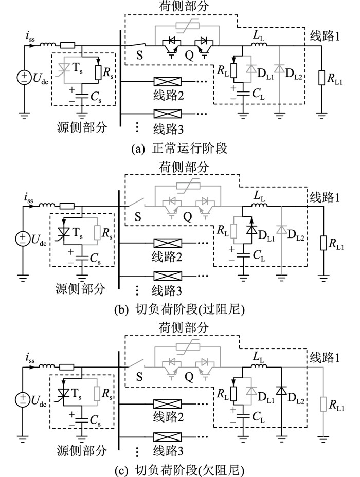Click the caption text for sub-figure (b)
pos(180,310)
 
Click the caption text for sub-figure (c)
pos(180,469)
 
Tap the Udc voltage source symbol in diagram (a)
pos(24,78)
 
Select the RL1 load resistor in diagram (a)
pos(321,78)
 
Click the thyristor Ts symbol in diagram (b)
pos(64,230)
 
